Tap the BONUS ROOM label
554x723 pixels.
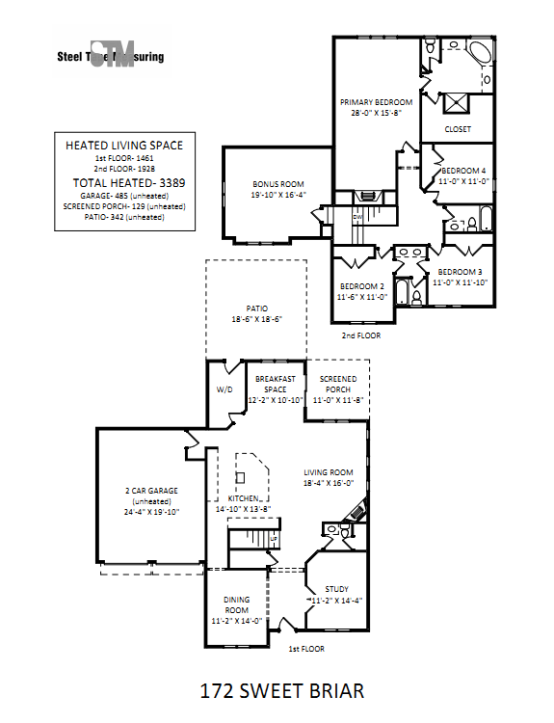click(x=278, y=183)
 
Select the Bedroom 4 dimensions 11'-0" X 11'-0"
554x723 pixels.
click(x=463, y=180)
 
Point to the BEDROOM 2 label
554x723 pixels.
click(x=361, y=287)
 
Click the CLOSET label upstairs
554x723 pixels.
click(x=458, y=129)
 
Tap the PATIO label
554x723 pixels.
click(x=255, y=308)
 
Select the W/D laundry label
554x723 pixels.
click(x=224, y=390)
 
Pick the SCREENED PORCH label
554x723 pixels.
click(x=338, y=385)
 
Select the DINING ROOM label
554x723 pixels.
click(x=237, y=604)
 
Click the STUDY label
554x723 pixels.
click(x=336, y=589)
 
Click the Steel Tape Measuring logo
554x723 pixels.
click(x=111, y=56)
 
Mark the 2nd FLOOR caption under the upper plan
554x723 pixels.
click(x=361, y=335)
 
